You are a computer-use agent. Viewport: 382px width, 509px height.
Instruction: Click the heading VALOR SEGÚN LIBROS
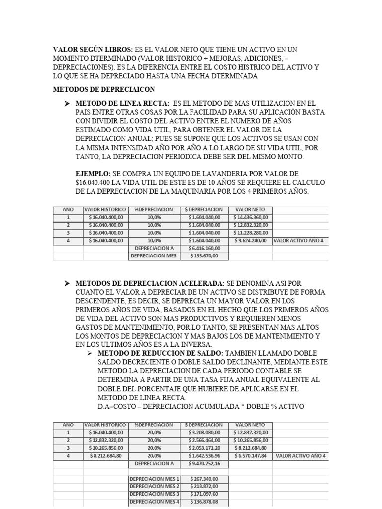pyautogui.click(x=93, y=50)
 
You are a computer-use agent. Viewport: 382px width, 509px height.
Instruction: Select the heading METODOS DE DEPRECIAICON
pyautogui.click(x=104, y=89)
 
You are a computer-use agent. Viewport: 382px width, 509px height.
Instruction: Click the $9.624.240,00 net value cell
pyautogui.click(x=250, y=240)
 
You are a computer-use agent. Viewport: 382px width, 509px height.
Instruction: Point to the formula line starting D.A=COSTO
pyautogui.click(x=201, y=407)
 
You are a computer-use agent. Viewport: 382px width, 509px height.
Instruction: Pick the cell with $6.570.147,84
pyautogui.click(x=250, y=455)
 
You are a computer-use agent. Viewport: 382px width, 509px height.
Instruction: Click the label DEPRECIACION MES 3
pyautogui.click(x=154, y=494)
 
